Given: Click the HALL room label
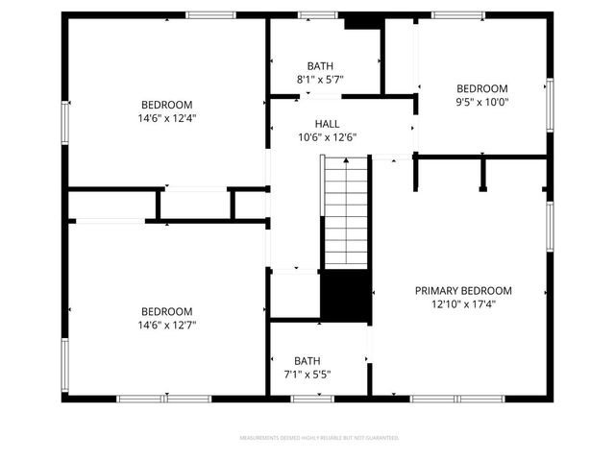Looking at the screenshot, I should (x=327, y=124).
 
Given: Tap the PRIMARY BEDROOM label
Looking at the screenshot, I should (x=463, y=290).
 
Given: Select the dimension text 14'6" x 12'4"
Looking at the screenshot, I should (x=166, y=118).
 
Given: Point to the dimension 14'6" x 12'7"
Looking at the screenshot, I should (x=166, y=325).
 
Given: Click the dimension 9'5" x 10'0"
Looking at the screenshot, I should (x=482, y=101).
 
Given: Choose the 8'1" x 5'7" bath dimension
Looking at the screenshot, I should (x=320, y=80).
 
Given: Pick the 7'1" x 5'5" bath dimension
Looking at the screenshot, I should (x=307, y=375).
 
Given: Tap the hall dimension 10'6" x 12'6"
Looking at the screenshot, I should (x=327, y=137).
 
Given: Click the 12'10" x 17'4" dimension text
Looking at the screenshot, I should (x=463, y=303).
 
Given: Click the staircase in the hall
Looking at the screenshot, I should (x=346, y=211).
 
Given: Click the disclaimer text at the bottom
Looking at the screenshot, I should (x=319, y=437).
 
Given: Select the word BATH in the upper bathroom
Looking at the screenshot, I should (x=320, y=66).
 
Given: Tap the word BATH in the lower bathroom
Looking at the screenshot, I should (x=307, y=361).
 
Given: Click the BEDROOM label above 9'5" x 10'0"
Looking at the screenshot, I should (x=482, y=87).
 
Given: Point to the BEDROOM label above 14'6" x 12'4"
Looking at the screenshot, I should (x=166, y=105).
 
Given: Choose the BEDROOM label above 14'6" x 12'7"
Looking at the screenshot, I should (x=166, y=311).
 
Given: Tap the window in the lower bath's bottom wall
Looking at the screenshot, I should (x=306, y=398).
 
